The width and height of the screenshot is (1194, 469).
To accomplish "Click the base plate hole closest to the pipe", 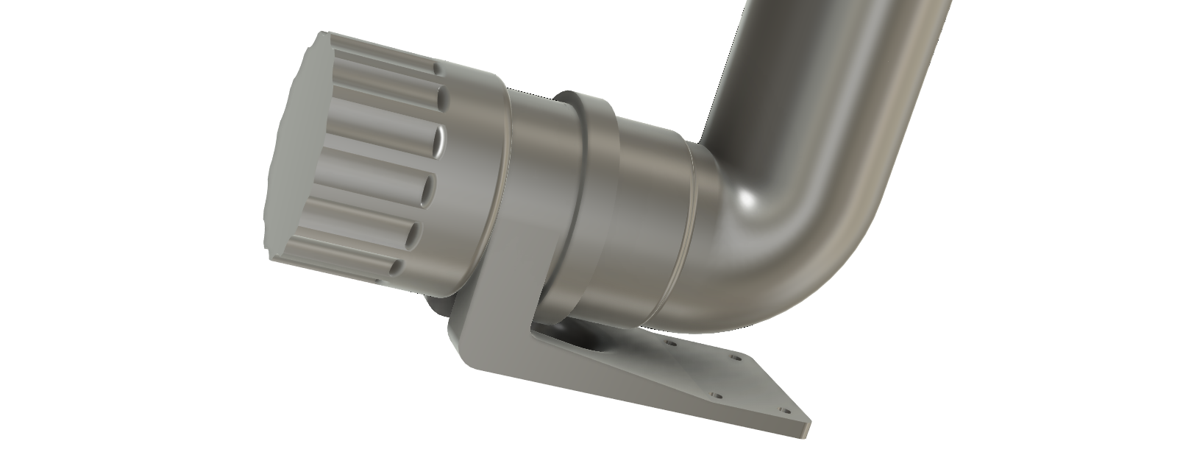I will click(670, 344).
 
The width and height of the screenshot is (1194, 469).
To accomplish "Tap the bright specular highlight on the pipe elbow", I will click(749, 199).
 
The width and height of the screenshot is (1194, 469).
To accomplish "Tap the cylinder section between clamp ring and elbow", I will click(651, 221).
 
